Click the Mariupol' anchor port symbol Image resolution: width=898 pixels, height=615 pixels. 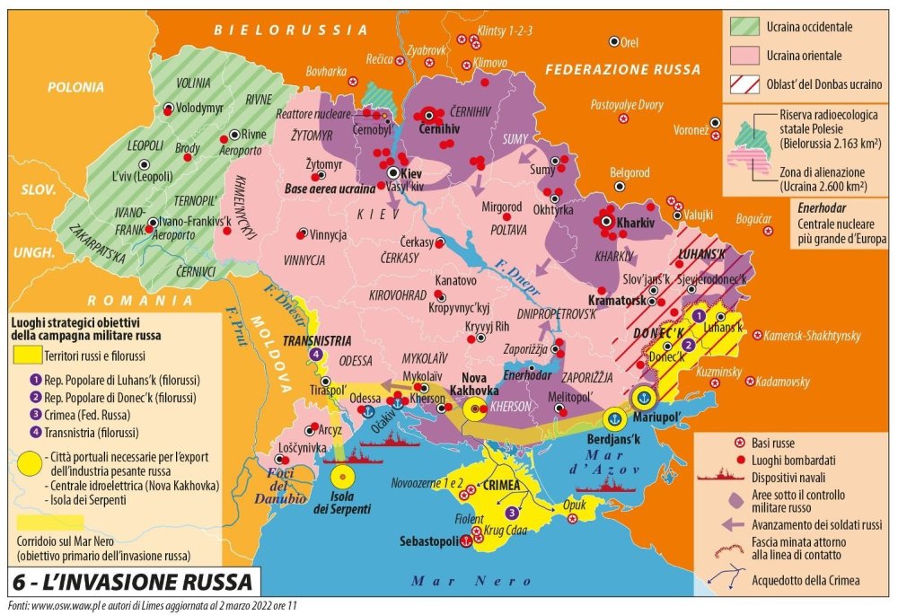coord(643,396)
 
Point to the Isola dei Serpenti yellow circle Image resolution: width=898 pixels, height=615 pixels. coord(343,479)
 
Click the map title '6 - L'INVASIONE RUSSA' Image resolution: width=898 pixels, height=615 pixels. coord(134,582)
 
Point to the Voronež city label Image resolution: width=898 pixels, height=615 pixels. coord(691,129)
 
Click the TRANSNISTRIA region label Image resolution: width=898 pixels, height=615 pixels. coord(316,340)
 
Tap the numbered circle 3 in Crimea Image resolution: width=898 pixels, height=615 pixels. coord(512,513)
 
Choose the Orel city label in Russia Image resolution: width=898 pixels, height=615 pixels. coord(629,41)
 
